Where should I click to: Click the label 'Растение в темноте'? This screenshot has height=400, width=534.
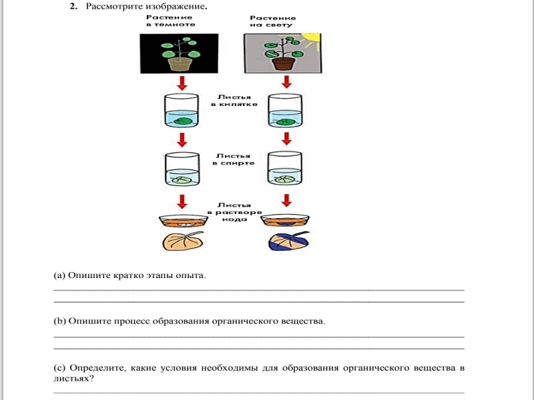point(170,21)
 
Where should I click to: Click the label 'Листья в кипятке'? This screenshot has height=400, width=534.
point(233,100)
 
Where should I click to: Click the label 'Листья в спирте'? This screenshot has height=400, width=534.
point(233,159)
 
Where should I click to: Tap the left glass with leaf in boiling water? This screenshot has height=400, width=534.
point(181,111)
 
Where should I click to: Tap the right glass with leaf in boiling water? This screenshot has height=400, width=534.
point(286,111)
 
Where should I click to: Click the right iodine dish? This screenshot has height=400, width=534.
point(286,221)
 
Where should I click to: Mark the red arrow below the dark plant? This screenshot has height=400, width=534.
point(181,82)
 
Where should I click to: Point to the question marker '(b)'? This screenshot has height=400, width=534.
point(59,321)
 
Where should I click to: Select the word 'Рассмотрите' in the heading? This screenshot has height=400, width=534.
point(111,7)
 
